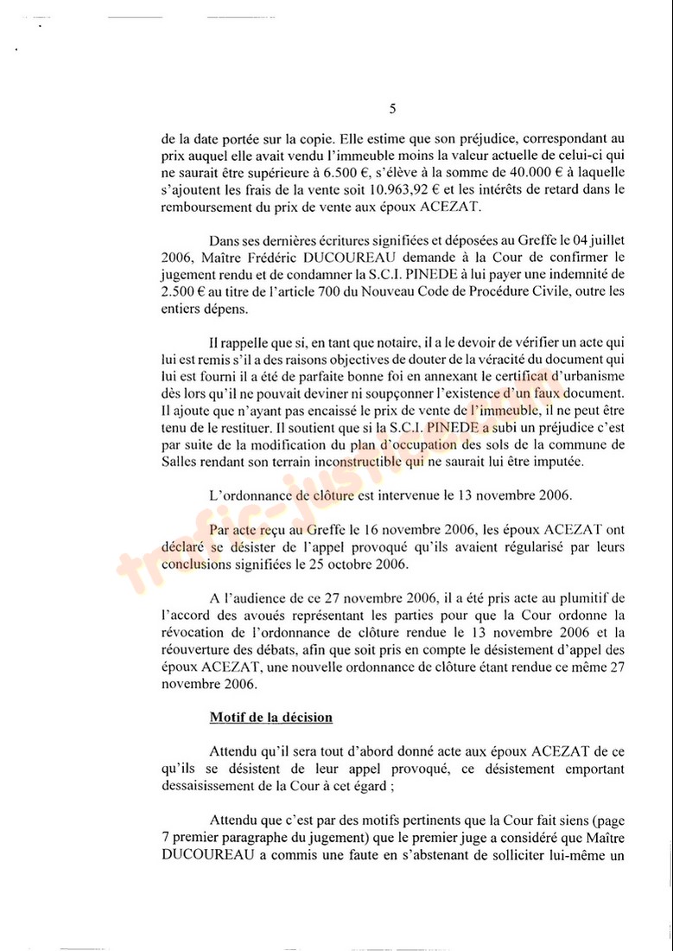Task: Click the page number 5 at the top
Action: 393,109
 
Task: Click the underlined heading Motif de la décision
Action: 270,718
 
